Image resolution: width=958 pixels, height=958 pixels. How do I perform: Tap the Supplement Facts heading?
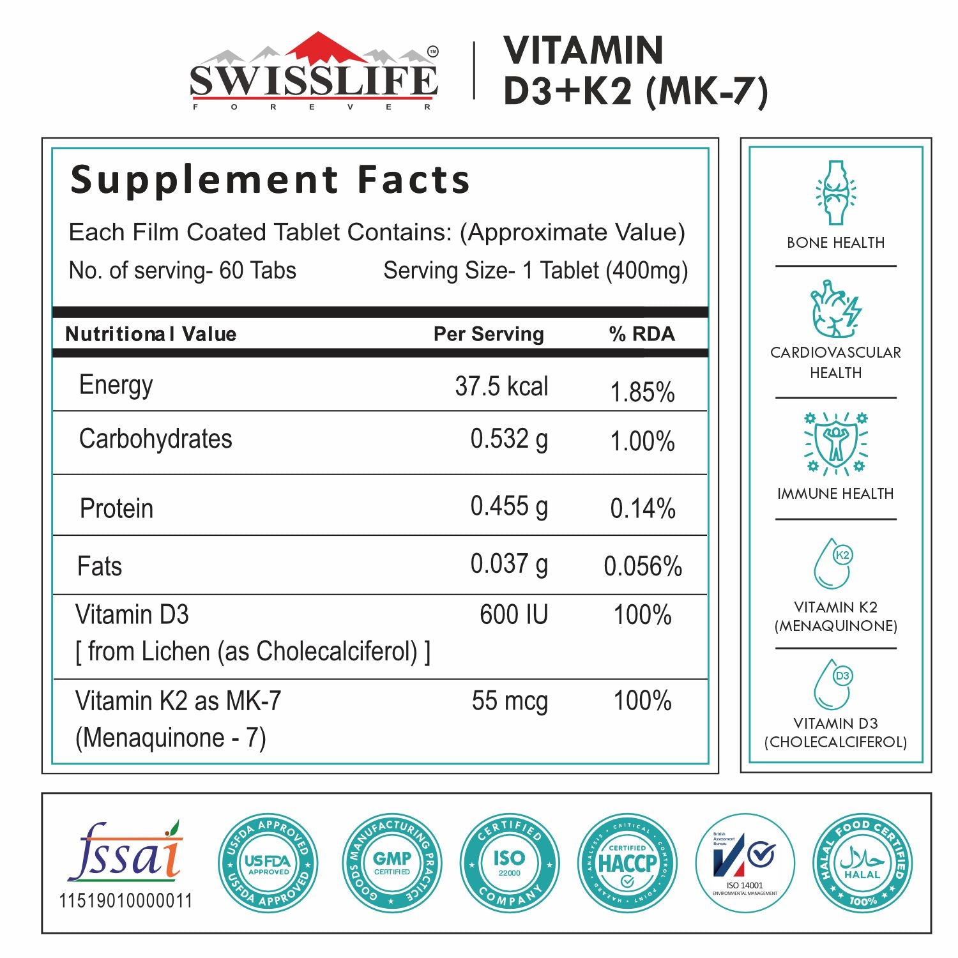point(270,179)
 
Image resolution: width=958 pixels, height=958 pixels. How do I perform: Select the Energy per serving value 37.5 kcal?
point(501,386)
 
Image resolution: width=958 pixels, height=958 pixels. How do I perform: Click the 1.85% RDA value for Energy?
point(642,392)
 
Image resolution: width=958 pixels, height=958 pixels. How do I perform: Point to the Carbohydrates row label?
point(155,439)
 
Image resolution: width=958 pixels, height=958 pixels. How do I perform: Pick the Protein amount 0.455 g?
point(509,506)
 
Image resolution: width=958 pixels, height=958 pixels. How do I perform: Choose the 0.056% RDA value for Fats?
point(642,566)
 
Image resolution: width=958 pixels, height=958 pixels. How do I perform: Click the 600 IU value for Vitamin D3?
point(513,615)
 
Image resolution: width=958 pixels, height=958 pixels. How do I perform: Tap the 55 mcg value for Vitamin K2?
point(510,701)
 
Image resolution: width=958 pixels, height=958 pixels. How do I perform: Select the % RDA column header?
point(642,334)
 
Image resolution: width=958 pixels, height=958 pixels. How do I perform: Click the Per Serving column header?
point(489,334)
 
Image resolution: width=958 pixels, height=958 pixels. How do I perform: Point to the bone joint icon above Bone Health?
point(835,193)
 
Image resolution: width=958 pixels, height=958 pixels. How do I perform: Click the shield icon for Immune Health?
point(835,443)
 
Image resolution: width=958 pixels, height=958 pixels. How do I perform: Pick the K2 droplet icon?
point(834,563)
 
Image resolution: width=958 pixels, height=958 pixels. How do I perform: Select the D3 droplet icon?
point(834,685)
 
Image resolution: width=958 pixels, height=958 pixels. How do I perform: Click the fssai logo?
point(126,853)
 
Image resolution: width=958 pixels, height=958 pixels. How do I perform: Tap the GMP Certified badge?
point(392,863)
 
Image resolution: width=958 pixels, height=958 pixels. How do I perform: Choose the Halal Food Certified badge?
point(862,863)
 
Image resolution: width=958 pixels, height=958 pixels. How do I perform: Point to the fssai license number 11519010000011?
point(126,901)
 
